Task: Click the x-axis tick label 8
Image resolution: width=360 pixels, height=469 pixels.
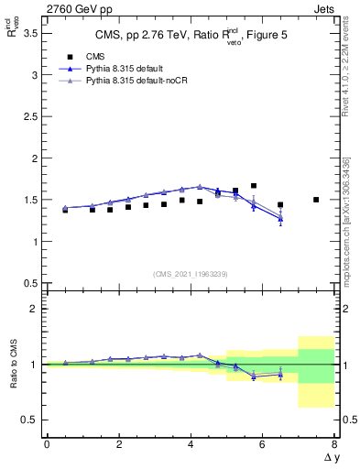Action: [x=334, y=444]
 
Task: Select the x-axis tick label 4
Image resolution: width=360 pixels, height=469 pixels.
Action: [x=191, y=444]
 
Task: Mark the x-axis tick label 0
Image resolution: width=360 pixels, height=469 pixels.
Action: [x=47, y=444]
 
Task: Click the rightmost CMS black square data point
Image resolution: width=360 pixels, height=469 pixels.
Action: [x=316, y=200]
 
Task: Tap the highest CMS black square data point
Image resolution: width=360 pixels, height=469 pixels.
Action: [x=254, y=186]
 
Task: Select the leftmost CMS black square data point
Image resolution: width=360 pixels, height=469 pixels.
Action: [x=65, y=210]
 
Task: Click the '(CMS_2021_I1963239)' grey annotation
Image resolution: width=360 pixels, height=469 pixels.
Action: [x=191, y=273]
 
